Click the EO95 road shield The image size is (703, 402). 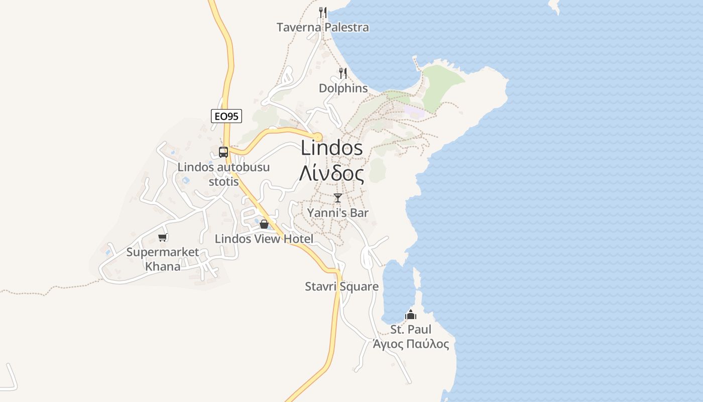(226, 117)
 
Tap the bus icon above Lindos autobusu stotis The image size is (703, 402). (223, 152)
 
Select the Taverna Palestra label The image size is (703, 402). (322, 27)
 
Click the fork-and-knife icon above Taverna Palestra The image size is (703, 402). (323, 12)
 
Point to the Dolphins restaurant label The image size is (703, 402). (343, 88)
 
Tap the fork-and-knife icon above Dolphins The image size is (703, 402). (343, 73)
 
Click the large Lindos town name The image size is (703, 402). (332, 148)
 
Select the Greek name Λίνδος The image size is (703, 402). (331, 173)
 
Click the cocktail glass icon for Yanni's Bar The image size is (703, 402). (338, 197)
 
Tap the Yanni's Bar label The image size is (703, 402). (338, 213)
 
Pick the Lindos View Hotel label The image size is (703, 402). (264, 239)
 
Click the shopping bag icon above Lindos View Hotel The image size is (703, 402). (264, 224)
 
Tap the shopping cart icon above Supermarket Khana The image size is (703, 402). (162, 237)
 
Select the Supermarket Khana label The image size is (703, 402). (163, 259)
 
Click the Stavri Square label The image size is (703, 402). (342, 286)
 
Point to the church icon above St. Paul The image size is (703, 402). (411, 315)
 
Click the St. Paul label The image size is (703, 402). (411, 330)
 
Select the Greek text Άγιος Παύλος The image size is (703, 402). (411, 344)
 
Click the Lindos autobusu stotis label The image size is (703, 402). (224, 174)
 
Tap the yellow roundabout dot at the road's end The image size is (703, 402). (317, 137)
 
